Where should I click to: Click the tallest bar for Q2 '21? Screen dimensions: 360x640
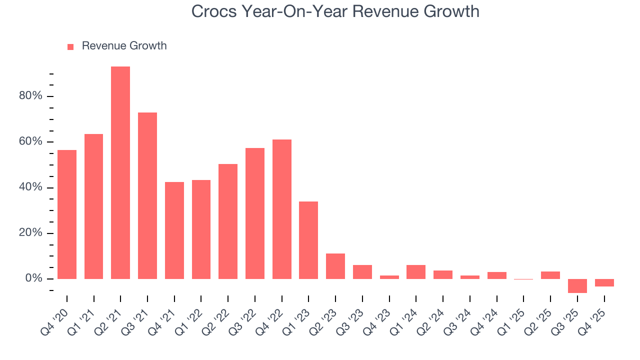tap(120, 172)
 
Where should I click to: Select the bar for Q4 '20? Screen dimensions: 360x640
tap(67, 214)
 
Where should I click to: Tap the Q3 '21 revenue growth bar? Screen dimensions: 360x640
tap(147, 195)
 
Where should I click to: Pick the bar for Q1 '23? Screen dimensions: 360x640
tap(308, 240)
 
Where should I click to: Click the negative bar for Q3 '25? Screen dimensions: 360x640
tap(577, 286)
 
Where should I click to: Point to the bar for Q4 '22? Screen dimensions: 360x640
tap(282, 209)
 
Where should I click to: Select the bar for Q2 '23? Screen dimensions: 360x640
tap(335, 266)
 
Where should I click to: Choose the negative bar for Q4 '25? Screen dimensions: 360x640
tap(604, 283)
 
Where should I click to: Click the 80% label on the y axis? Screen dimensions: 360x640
tap(30, 96)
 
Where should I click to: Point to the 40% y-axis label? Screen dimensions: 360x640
tap(30, 187)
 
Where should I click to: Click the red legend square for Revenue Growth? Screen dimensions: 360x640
tap(70, 46)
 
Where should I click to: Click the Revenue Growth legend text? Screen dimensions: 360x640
tap(124, 46)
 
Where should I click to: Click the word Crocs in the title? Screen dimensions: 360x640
tap(211, 11)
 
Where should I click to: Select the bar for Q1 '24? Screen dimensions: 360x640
tap(416, 272)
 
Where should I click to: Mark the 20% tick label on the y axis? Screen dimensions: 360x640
tap(30, 233)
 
